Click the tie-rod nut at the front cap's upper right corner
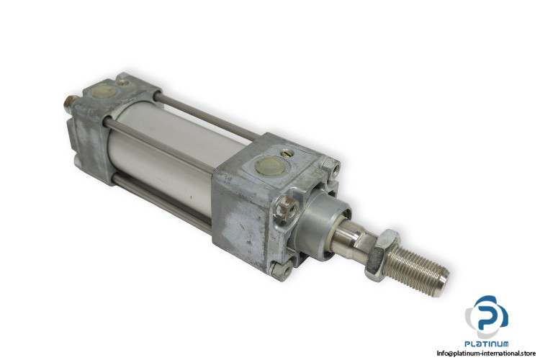[x=331, y=166]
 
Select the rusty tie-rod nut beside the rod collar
[x=286, y=209]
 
